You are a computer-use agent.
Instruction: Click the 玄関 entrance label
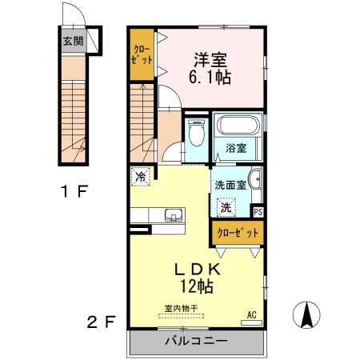tap(74, 41)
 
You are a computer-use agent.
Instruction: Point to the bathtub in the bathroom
tap(236, 127)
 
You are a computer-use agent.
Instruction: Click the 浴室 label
tap(235, 148)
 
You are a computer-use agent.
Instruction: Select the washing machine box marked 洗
tap(226, 206)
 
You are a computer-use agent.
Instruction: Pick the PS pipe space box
tap(258, 212)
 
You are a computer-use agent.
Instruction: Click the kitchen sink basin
tap(173, 214)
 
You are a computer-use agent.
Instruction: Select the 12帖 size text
tap(196, 286)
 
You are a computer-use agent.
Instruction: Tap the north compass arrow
tap(306, 314)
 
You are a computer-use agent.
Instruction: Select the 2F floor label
tap(101, 322)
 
